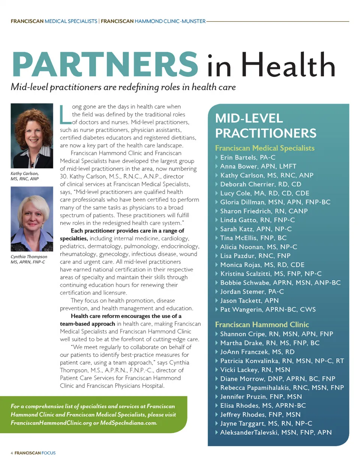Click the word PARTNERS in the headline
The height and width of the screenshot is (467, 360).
pyautogui.click(x=105, y=65)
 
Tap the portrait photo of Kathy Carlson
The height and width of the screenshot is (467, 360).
pyautogui.click(x=32, y=136)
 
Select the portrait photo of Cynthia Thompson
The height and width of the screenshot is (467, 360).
pyautogui.click(x=32, y=219)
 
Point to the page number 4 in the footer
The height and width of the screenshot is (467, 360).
pyautogui.click(x=12, y=453)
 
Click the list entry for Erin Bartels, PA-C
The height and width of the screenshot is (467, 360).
pyautogui.click(x=247, y=158)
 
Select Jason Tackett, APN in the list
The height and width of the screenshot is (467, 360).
pyautogui.click(x=249, y=300)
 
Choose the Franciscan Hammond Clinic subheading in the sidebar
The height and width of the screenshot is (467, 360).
pyautogui.click(x=262, y=324)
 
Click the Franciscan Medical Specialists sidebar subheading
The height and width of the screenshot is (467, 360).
pyautogui.click(x=265, y=148)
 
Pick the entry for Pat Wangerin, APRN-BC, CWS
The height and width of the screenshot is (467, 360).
pyautogui.click(x=268, y=309)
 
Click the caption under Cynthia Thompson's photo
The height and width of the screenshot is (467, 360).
pyautogui.click(x=28, y=259)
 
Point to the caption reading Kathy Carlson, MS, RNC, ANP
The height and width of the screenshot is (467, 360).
pyautogui.click(x=25, y=176)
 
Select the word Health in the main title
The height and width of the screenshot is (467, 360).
pyautogui.click(x=288, y=65)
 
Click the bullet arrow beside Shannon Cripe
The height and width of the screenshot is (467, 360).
pyautogui.click(x=217, y=334)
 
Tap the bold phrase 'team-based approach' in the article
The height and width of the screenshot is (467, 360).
pyautogui.click(x=87, y=324)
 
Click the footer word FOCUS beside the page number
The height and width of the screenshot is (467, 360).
pyautogui.click(x=48, y=453)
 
